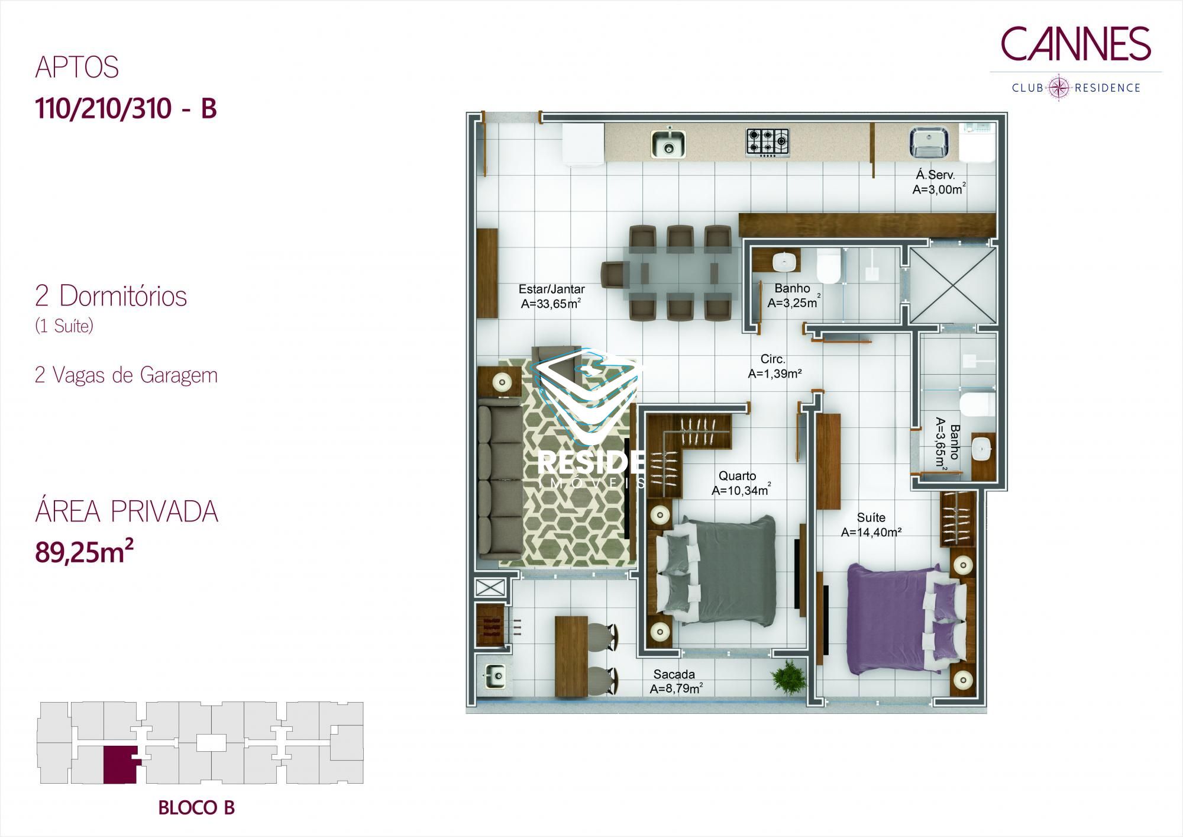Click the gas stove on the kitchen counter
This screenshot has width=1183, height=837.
click(x=767, y=143)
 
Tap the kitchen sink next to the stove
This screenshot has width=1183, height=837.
click(x=668, y=143)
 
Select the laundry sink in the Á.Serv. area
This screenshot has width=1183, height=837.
click(x=929, y=143)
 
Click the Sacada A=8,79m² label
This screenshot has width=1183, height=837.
click(x=675, y=681)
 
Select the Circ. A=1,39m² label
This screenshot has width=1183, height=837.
click(x=774, y=366)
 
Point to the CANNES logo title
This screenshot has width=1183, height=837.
click(x=1076, y=44)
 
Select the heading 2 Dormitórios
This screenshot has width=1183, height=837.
click(x=111, y=296)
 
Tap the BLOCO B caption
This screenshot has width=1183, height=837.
click(x=196, y=808)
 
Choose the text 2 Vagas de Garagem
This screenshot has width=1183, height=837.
click(x=126, y=375)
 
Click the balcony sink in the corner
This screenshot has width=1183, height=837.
click(x=494, y=676)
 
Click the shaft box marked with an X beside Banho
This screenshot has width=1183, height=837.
click(x=952, y=286)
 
